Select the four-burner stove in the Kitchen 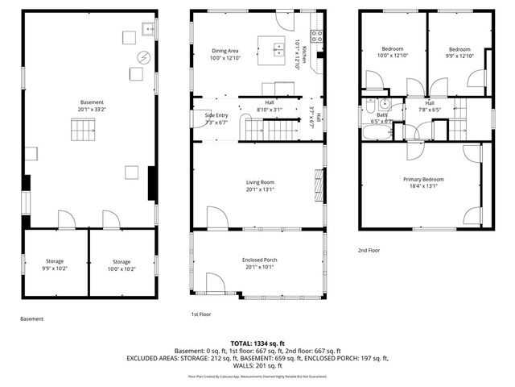coord(317,36)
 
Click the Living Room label coord(260,186)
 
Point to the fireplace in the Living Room coord(319,185)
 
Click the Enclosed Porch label coord(260,264)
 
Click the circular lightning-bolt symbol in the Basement coord(144,57)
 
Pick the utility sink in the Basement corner coord(148,30)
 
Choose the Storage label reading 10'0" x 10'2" coord(122,265)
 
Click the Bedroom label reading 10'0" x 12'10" coord(393,52)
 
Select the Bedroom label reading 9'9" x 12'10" coord(459,52)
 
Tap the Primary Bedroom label coord(423,182)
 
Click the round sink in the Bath coord(385,104)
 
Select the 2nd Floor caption coord(369,250)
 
